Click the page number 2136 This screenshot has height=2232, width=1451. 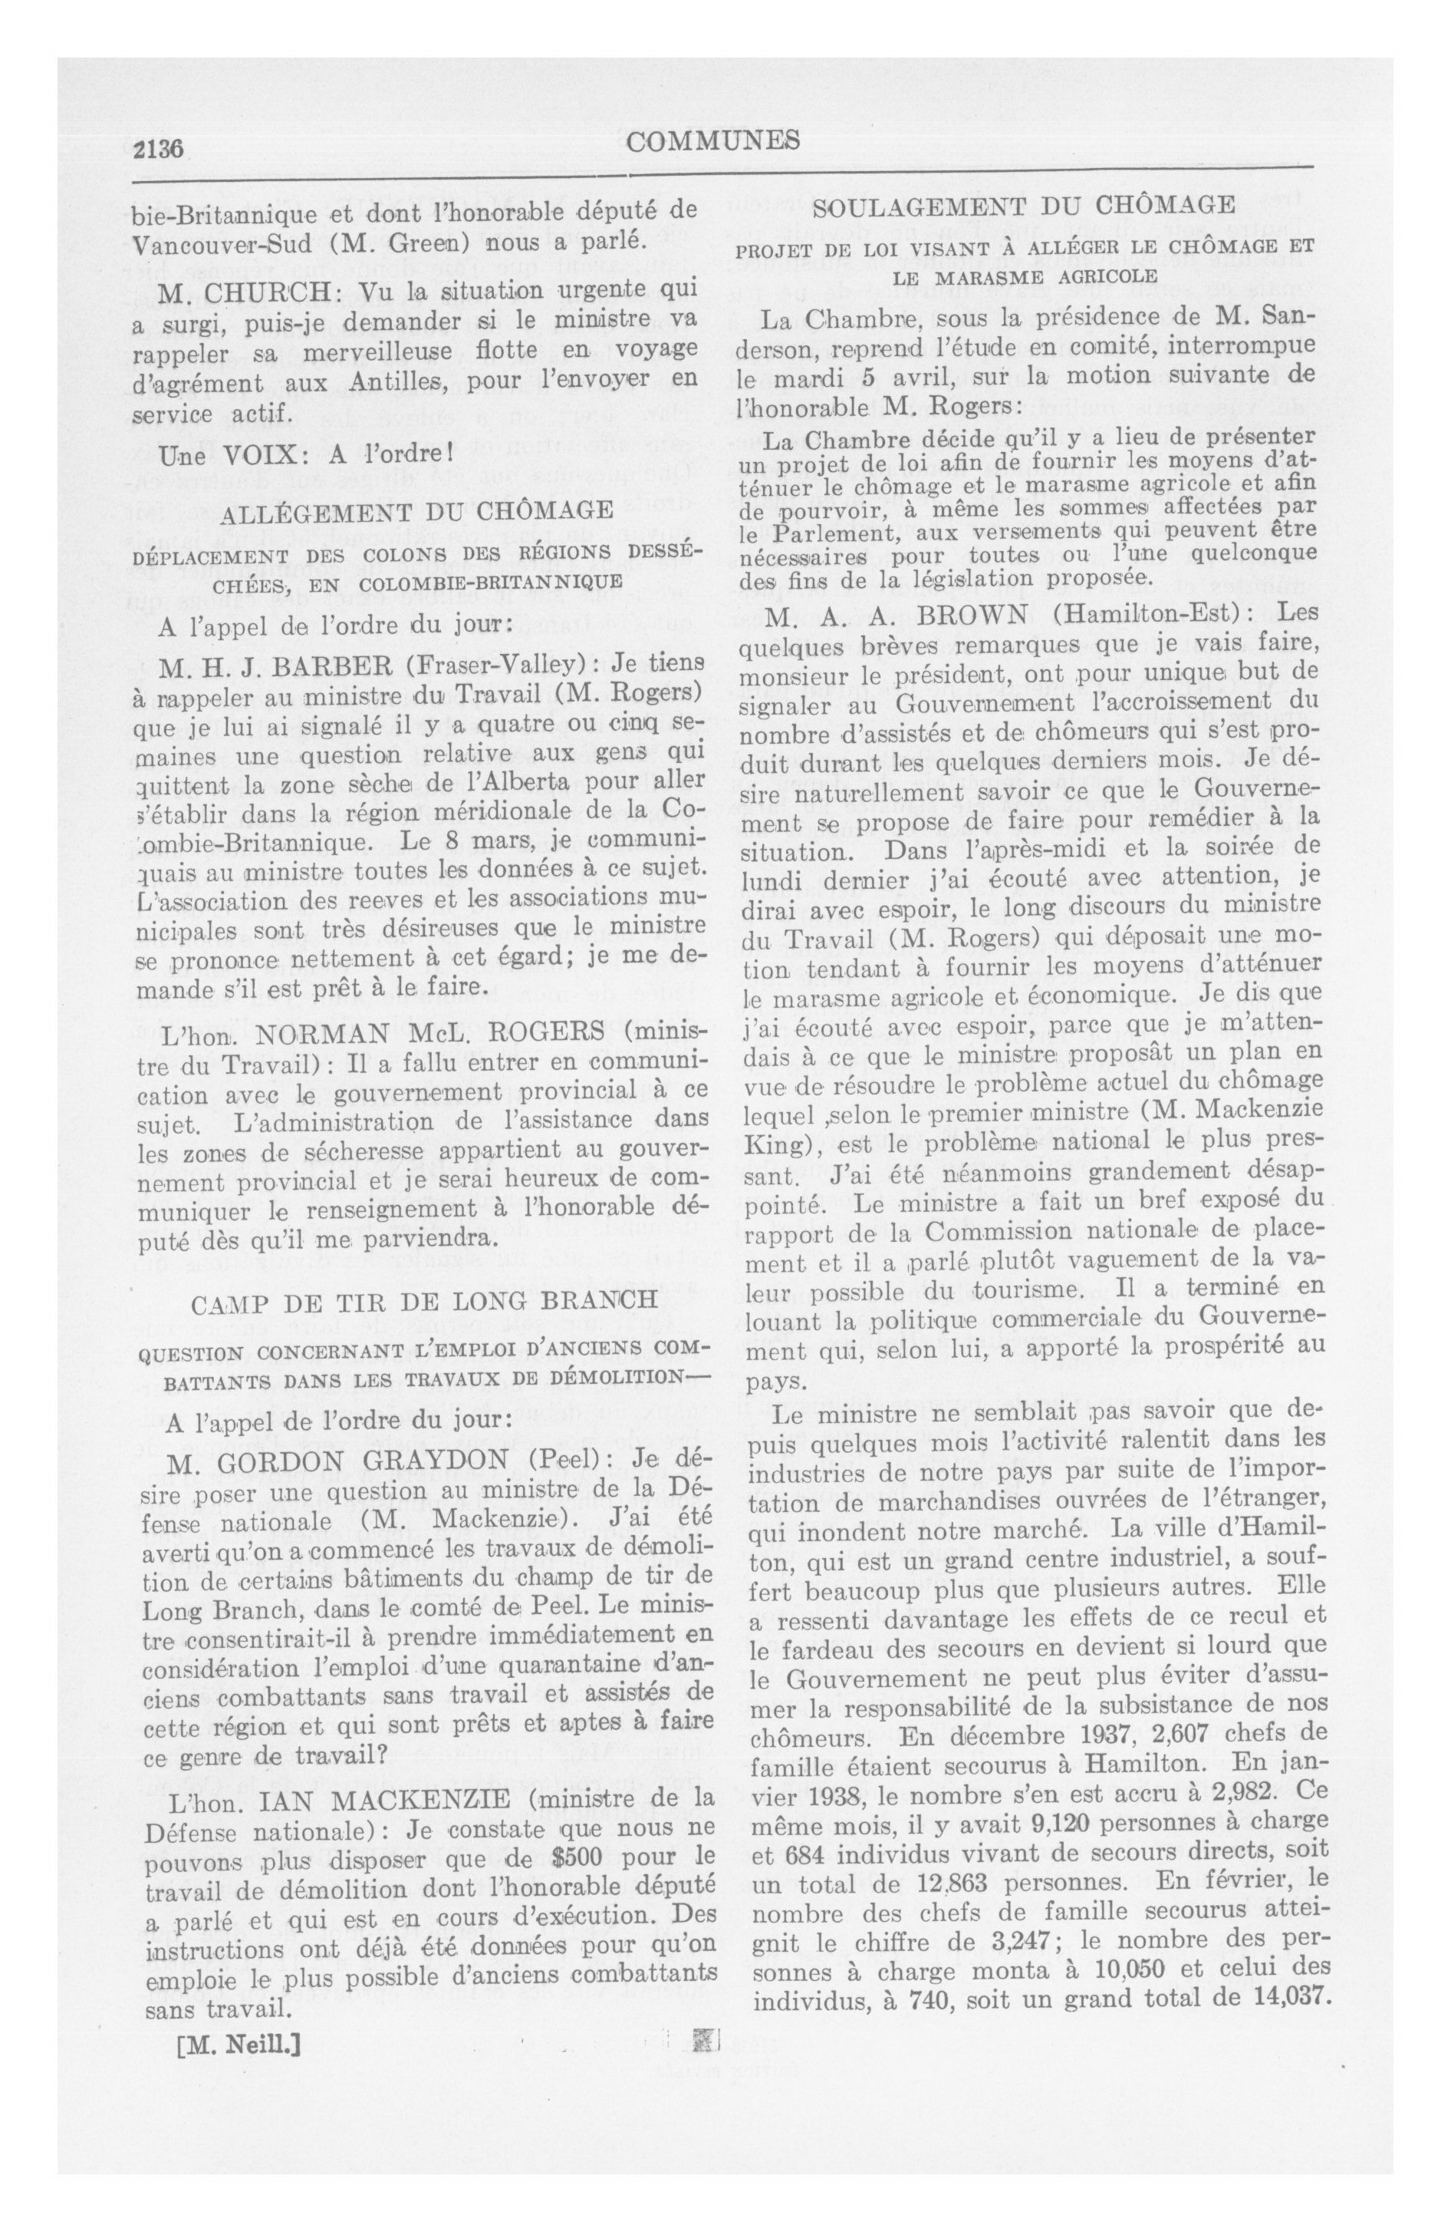click(x=161, y=147)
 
